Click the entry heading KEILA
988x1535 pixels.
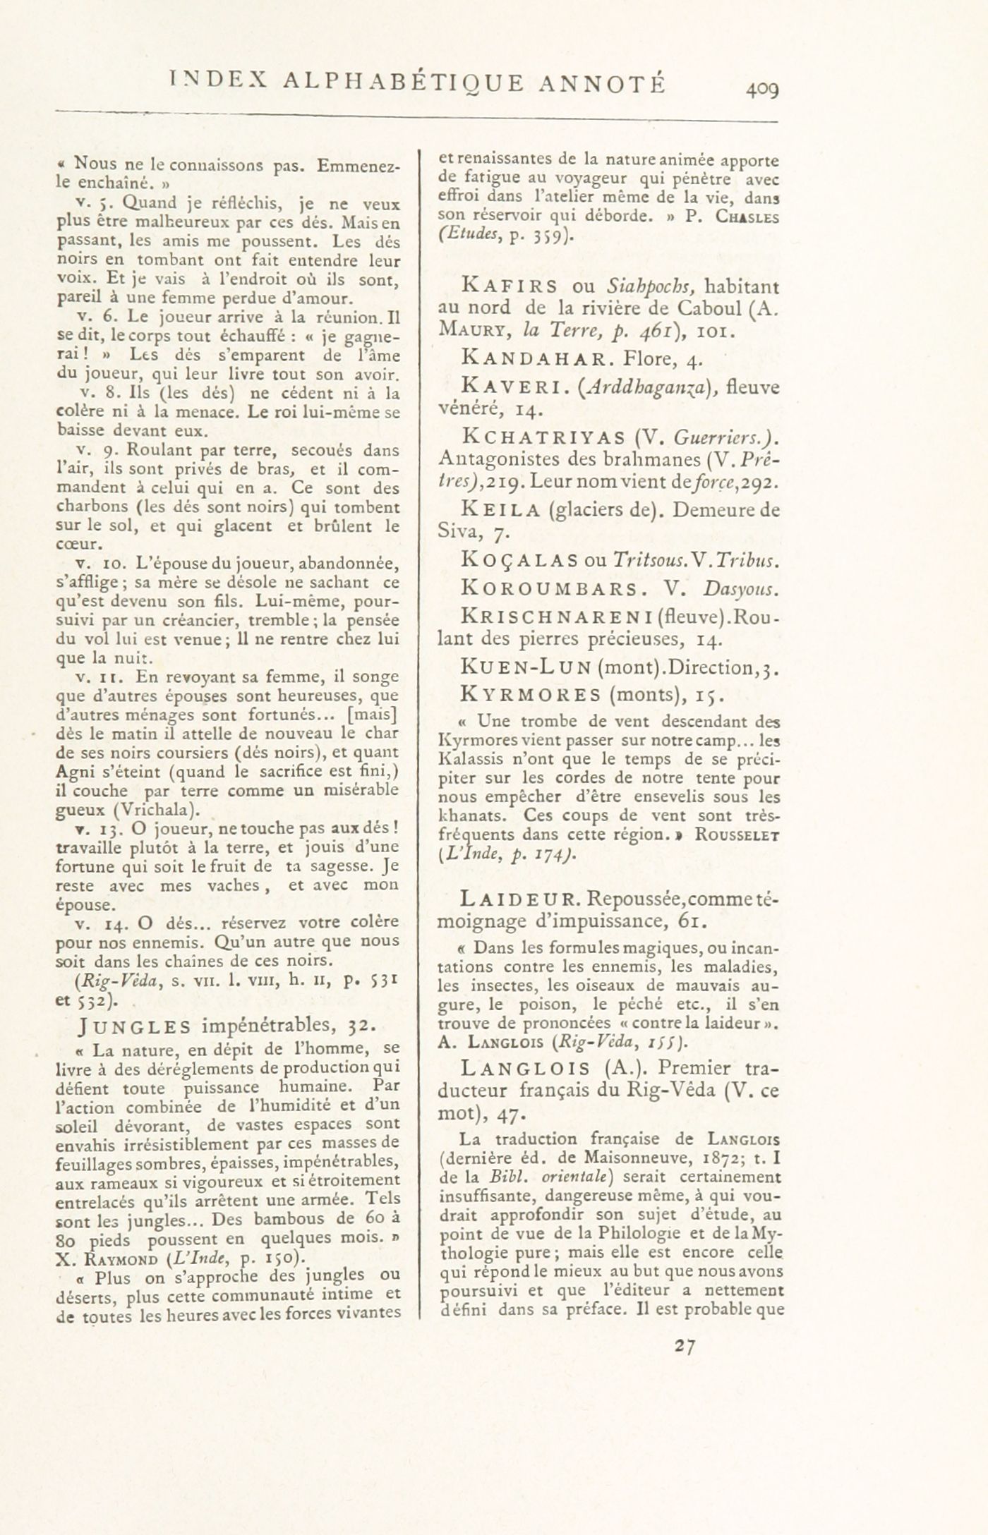click(500, 509)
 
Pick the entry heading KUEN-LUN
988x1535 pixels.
click(525, 667)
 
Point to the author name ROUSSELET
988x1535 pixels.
click(737, 835)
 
